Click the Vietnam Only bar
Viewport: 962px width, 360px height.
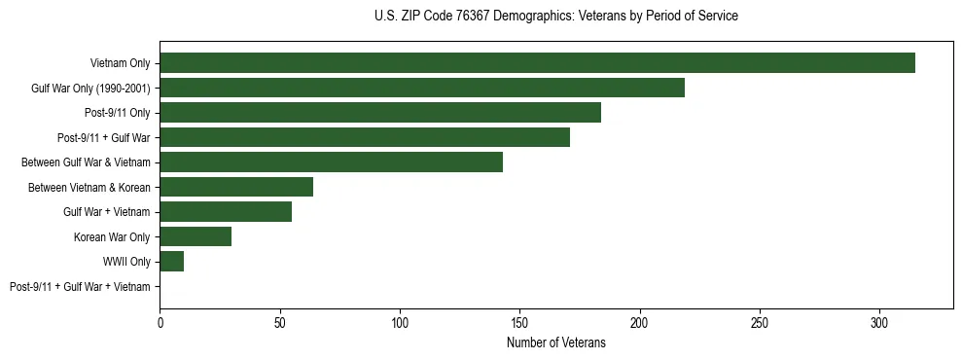(537, 63)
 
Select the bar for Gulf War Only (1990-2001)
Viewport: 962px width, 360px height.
(422, 88)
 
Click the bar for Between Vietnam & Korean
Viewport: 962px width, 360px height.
(236, 187)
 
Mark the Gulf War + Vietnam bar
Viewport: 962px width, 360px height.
(226, 212)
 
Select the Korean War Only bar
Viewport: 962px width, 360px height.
(196, 236)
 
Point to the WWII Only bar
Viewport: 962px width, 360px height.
(172, 262)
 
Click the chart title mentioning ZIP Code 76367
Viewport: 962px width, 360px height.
(555, 17)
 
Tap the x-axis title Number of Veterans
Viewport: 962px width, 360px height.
(555, 343)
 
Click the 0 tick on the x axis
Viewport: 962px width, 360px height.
(160, 322)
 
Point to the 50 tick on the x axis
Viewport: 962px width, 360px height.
(280, 322)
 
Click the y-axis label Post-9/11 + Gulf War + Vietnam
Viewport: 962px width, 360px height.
(80, 287)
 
